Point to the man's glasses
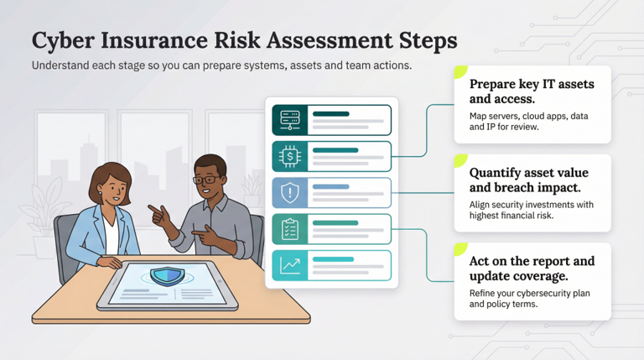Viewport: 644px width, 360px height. click(x=204, y=179)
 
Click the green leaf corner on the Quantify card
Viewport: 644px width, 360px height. click(x=460, y=159)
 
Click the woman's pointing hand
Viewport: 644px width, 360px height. click(x=155, y=210)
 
